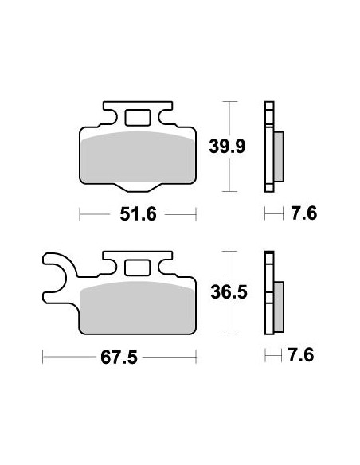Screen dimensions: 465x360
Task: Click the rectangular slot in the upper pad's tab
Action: coord(137,117)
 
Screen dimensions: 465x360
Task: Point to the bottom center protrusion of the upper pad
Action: coord(137,186)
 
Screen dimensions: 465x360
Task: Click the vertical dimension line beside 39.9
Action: coord(230,147)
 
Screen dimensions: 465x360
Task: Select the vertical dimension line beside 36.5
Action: coord(230,292)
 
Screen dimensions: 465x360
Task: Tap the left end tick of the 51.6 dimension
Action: coord(80,214)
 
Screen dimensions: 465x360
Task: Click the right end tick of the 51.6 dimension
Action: coord(195,214)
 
